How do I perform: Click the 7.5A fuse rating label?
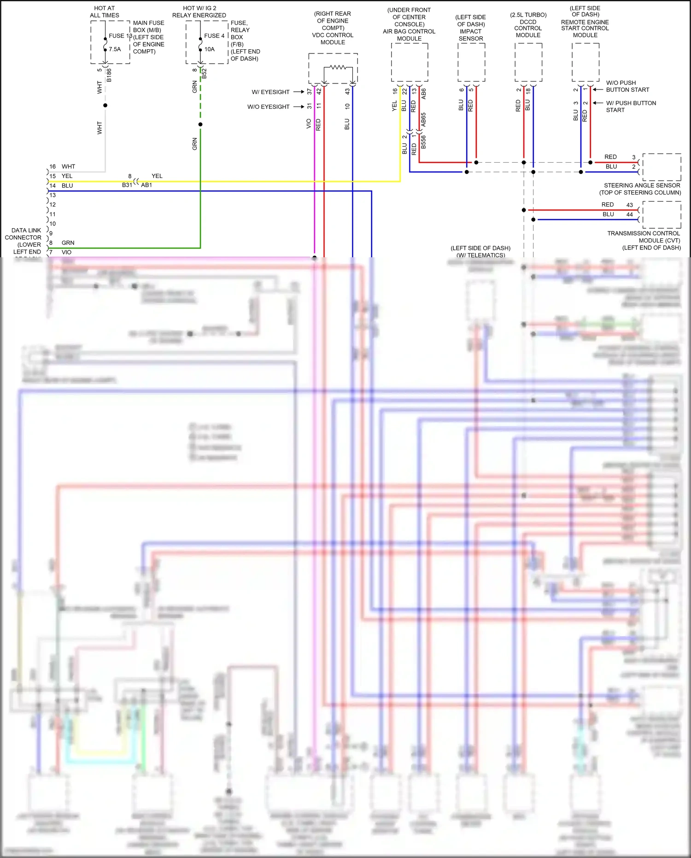115,49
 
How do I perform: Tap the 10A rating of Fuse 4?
210,49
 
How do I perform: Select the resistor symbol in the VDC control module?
338,67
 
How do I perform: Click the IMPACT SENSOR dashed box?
471,62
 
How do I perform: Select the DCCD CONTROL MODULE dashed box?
528,62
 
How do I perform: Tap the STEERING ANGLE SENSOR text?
642,185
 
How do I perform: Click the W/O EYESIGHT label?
268,107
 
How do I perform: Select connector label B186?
109,75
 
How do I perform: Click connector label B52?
204,74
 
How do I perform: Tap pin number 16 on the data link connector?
53,166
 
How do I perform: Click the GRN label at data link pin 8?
68,243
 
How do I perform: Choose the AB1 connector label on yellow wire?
146,185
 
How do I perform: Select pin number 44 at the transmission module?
629,214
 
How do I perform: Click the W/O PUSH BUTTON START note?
627,86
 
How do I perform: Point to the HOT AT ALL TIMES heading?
105,12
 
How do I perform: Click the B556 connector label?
423,142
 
